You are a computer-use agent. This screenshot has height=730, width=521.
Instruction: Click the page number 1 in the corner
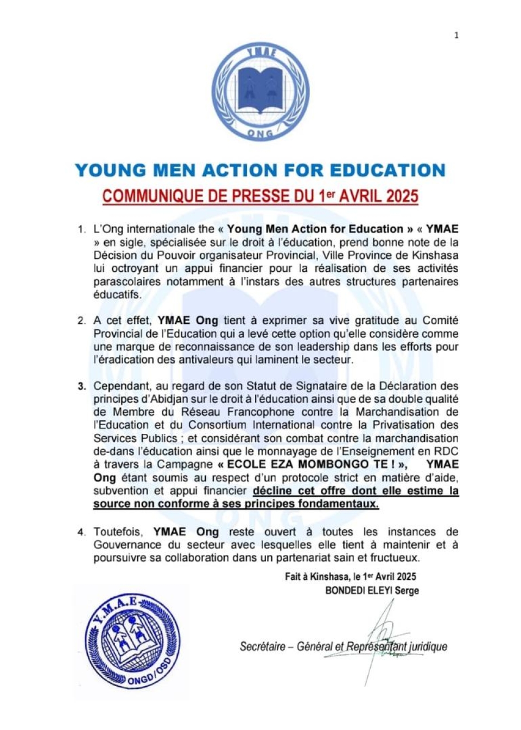456,35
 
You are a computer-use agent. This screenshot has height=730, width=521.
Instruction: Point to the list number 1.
81,229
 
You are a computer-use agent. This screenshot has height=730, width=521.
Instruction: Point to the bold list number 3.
81,387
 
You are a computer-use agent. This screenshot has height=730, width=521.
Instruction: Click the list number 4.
81,532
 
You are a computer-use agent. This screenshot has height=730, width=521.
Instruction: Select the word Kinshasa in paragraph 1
435,255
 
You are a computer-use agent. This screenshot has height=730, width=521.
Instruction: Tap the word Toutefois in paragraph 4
118,532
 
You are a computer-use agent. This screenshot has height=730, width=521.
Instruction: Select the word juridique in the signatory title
428,646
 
